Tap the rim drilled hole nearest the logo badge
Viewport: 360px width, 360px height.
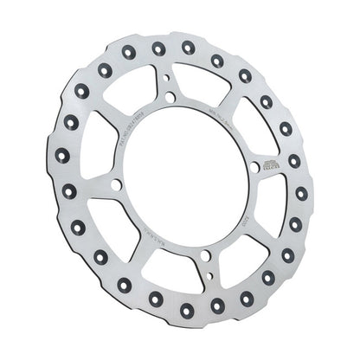(x=294, y=161)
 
